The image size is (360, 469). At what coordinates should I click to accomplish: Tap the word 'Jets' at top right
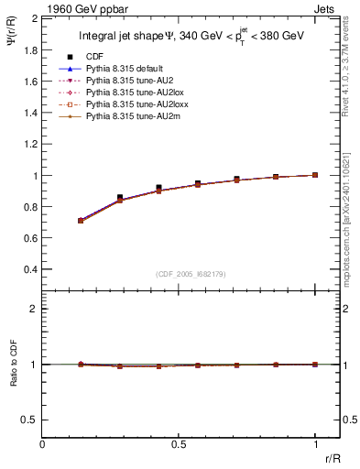325,9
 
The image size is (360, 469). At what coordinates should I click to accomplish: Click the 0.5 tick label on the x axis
179,445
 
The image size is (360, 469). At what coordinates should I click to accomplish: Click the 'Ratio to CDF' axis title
14,364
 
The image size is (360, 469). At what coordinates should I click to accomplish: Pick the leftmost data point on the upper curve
81,221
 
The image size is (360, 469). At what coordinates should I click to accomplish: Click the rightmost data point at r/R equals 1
315,174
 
